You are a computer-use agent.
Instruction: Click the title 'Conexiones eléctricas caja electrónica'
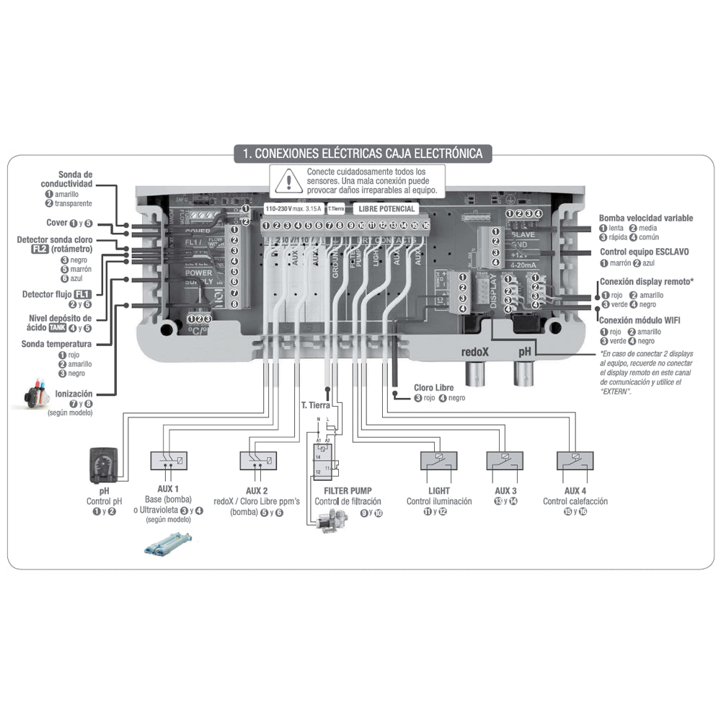[363, 153]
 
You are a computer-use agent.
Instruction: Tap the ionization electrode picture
[32, 396]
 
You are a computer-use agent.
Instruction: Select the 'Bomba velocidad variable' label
[645, 218]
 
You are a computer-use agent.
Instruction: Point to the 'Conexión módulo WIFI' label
[640, 321]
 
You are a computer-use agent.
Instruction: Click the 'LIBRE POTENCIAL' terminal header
[387, 209]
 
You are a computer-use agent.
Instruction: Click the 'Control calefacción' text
[575, 501]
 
